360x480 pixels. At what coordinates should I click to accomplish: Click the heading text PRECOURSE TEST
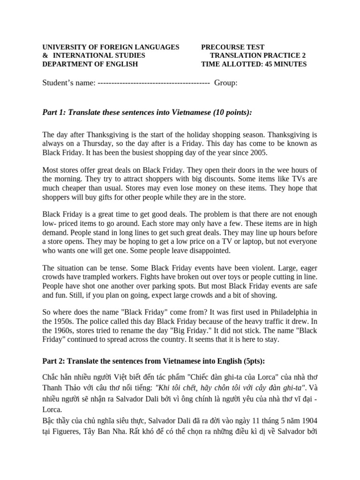[x=232, y=47]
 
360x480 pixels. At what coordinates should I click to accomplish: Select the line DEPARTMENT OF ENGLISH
[x=90, y=64]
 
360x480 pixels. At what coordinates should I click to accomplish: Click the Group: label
[x=225, y=83]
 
